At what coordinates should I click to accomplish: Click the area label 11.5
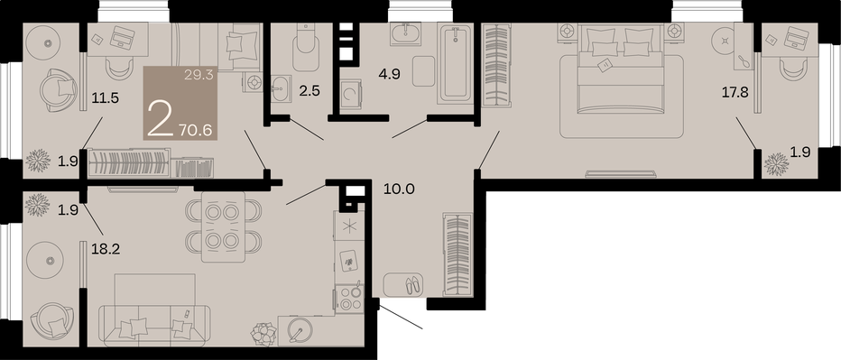105,98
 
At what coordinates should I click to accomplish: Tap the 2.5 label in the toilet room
310,90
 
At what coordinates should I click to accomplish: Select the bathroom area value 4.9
389,73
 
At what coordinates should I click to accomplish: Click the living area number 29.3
199,75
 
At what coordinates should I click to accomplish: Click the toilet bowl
306,48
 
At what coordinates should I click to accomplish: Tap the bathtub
455,64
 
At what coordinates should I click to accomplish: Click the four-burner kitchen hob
349,299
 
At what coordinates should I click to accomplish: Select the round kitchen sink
297,329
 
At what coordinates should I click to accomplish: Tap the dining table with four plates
223,226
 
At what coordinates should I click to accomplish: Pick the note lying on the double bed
605,65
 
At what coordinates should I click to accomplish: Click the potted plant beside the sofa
263,333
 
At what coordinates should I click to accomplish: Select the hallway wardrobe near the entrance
457,254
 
